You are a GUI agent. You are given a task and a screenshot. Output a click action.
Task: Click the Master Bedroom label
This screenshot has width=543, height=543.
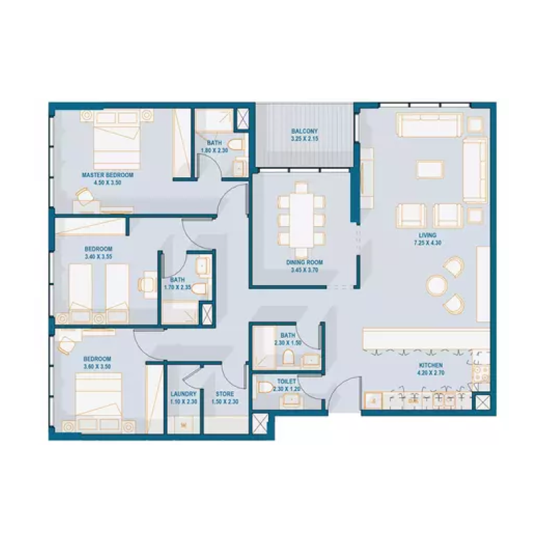click(107, 175)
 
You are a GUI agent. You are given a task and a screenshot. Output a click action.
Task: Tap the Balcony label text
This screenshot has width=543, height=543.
click(304, 132)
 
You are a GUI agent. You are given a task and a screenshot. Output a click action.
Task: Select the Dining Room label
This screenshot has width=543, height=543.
click(303, 263)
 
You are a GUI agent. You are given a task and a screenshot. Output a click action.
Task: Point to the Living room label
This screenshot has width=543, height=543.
click(427, 236)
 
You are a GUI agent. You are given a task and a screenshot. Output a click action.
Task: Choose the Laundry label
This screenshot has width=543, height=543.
click(184, 394)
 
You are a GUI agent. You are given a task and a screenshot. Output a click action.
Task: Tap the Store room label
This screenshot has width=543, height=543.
click(225, 394)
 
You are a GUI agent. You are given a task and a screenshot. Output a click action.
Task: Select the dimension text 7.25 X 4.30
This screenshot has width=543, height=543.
click(427, 243)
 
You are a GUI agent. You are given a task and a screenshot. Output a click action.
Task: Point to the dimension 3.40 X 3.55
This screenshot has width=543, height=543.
click(98, 257)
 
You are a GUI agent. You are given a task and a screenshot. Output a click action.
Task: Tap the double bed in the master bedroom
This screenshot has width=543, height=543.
click(116, 139)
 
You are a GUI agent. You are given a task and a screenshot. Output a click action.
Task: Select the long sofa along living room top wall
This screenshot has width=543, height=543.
click(429, 125)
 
